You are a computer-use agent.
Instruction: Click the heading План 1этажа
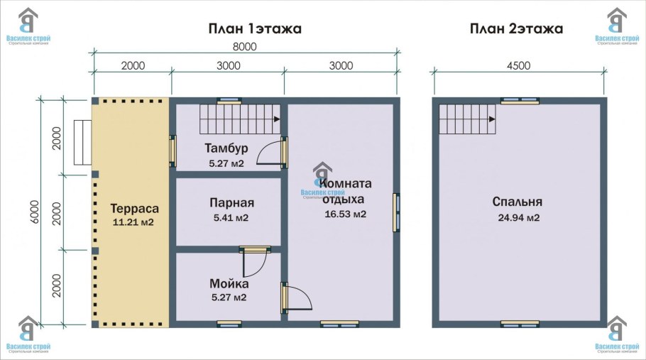point(255,29)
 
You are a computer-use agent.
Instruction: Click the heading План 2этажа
point(516,29)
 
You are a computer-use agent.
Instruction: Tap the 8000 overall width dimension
point(244,47)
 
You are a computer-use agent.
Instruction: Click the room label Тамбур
point(226,148)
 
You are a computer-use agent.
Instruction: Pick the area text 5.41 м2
point(231,217)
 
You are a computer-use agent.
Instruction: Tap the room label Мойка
point(229,284)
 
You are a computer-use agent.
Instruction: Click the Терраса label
point(134,209)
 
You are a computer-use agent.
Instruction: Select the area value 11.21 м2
point(133,222)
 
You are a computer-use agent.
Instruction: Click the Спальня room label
point(518,202)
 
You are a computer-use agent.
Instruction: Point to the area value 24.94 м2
point(519,217)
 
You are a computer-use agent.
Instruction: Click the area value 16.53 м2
point(345,214)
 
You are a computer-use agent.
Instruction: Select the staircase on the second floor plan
point(466,119)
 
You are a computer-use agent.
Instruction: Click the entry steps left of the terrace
point(82,142)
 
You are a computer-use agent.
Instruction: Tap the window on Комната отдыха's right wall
point(398,212)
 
